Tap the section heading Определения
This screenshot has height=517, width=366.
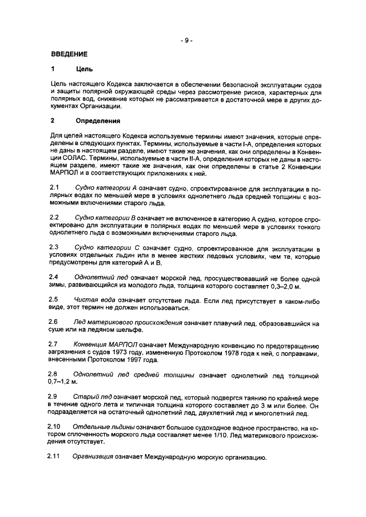98,121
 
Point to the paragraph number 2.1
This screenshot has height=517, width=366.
55,188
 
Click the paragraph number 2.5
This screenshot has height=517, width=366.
55,299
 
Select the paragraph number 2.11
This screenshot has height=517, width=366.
57,456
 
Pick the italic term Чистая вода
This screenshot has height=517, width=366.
93,299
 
